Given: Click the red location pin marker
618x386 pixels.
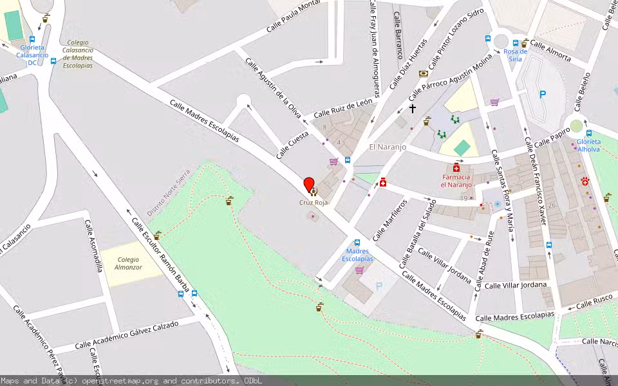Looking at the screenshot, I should pos(309,185).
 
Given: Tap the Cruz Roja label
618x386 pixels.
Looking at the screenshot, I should pos(314,202).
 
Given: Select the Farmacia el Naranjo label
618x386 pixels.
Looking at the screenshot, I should pos(456,181).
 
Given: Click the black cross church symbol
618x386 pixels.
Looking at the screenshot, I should pos(413,109).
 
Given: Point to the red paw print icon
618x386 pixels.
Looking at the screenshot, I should pos(585,181).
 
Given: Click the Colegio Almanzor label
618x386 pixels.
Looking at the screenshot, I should pos(128,262).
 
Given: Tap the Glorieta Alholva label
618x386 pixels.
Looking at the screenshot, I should pos(588,145).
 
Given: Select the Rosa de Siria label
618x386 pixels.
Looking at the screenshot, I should pos(513,55).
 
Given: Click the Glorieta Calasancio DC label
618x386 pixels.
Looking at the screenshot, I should pos(32,55).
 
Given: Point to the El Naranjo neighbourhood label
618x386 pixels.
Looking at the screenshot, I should pos(388,147).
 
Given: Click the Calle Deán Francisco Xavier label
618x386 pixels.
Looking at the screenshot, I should pos(535,181).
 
